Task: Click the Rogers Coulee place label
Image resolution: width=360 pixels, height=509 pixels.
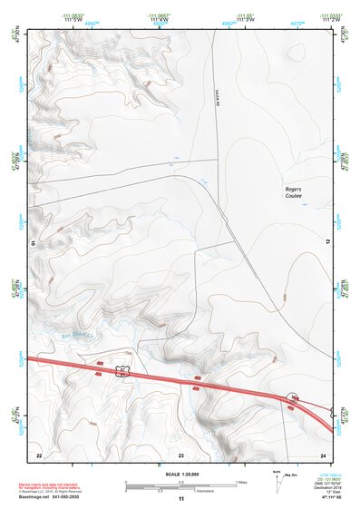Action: [292, 191]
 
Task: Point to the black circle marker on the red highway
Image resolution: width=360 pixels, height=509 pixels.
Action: [293, 398]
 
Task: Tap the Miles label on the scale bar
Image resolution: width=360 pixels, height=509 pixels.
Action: [241, 481]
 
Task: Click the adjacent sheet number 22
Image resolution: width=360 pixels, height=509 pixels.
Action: [38, 454]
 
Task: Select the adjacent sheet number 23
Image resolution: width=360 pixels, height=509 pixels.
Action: [181, 454]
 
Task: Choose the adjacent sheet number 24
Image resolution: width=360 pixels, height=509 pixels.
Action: [322, 454]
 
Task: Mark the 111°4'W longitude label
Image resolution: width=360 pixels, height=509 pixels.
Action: [160, 21]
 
